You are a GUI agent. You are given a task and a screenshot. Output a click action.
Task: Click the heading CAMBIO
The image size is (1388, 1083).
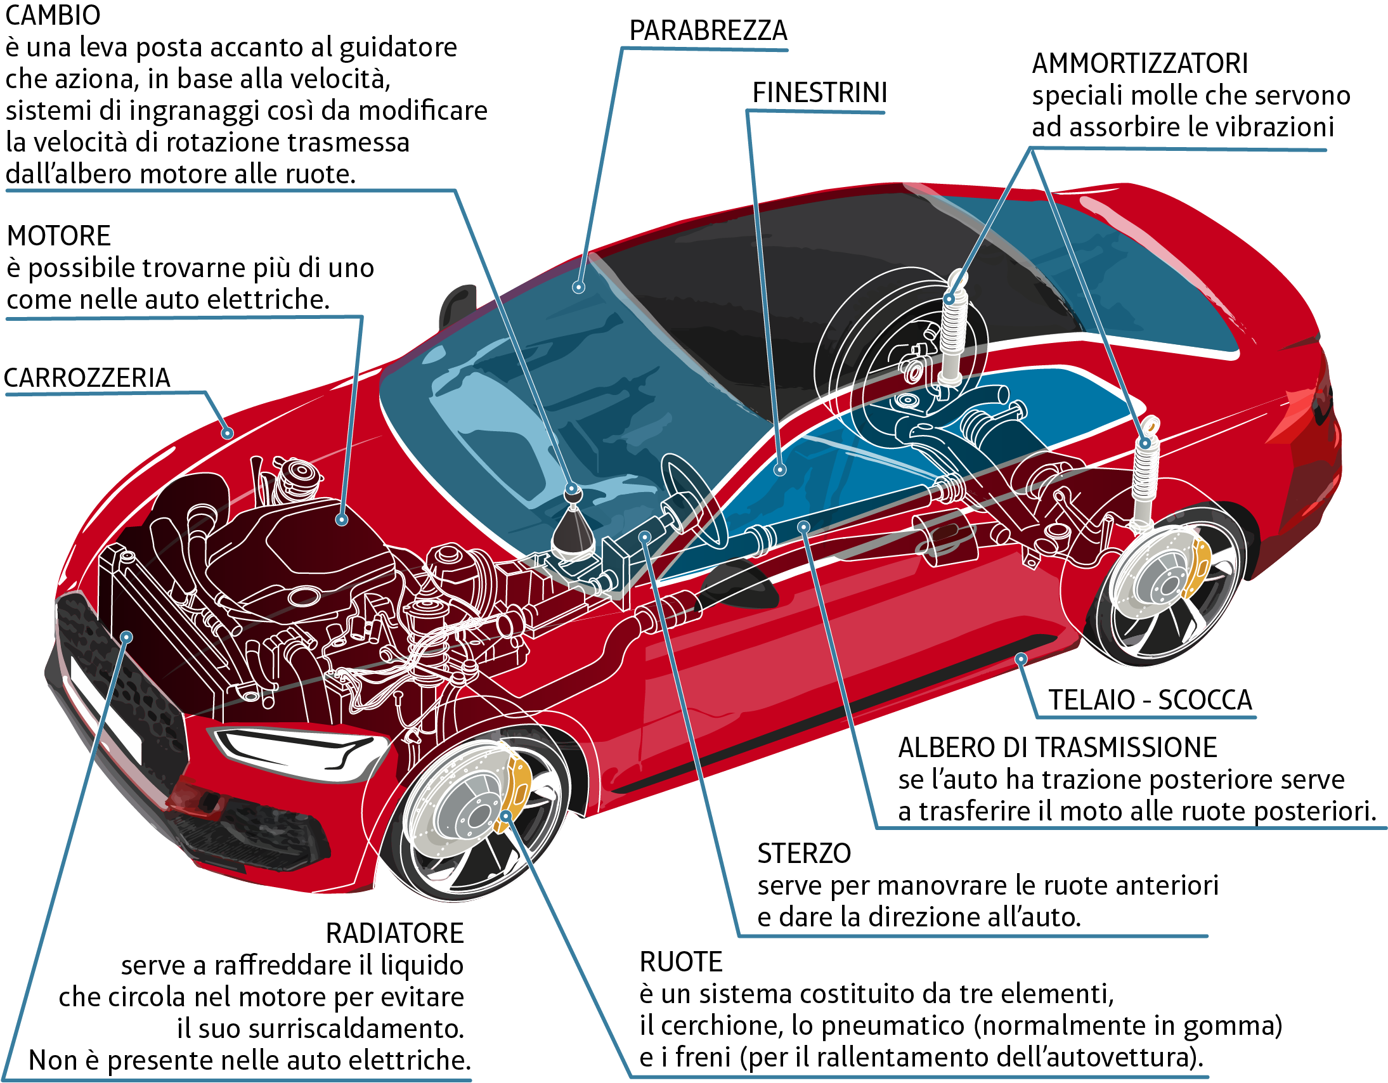(53, 15)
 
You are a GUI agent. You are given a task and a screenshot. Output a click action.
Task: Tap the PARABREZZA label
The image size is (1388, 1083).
(708, 30)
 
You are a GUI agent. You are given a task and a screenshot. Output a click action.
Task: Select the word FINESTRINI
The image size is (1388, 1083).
(820, 93)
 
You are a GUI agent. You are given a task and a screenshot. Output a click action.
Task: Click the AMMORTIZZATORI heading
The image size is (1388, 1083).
(1139, 63)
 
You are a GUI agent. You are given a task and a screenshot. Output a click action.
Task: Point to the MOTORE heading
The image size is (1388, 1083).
(58, 236)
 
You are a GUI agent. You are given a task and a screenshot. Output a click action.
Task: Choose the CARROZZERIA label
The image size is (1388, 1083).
(87, 377)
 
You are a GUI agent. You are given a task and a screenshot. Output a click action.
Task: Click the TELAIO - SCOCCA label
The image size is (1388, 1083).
(1150, 700)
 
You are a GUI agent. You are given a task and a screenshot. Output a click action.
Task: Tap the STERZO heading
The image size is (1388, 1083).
(804, 853)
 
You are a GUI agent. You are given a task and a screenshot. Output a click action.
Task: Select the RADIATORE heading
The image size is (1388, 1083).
(394, 933)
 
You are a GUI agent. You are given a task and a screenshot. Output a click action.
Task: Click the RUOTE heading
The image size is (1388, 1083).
(680, 963)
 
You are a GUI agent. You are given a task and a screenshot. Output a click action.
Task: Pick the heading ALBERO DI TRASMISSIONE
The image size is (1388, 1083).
(1058, 748)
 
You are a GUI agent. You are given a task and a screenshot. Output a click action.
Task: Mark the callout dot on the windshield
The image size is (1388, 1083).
(578, 287)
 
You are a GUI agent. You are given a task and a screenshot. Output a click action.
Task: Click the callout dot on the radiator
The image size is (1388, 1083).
(127, 637)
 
